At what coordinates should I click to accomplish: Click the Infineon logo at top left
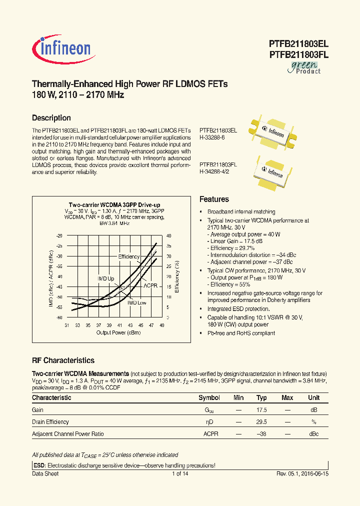pyautogui.click(x=61, y=48)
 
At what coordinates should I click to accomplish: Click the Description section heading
pyautogui.click(x=51, y=118)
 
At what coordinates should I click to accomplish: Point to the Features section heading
pyautogui.click(x=214, y=199)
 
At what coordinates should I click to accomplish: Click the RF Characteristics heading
pyautogui.click(x=63, y=360)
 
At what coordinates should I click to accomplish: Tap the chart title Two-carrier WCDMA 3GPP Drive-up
pyautogui.click(x=114, y=205)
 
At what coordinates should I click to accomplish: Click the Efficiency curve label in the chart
pyautogui.click(x=128, y=256)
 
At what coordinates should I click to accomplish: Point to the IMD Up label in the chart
pyautogui.click(x=105, y=278)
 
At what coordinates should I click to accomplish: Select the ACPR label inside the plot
pyautogui.click(x=150, y=285)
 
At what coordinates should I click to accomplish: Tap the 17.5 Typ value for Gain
pyautogui.click(x=261, y=410)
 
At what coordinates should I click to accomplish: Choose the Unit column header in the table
pyautogui.click(x=313, y=398)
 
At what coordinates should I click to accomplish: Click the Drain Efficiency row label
pyautogui.click(x=50, y=422)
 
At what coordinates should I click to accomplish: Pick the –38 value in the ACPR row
pyautogui.click(x=261, y=434)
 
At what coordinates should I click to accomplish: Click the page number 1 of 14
pyautogui.click(x=179, y=473)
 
